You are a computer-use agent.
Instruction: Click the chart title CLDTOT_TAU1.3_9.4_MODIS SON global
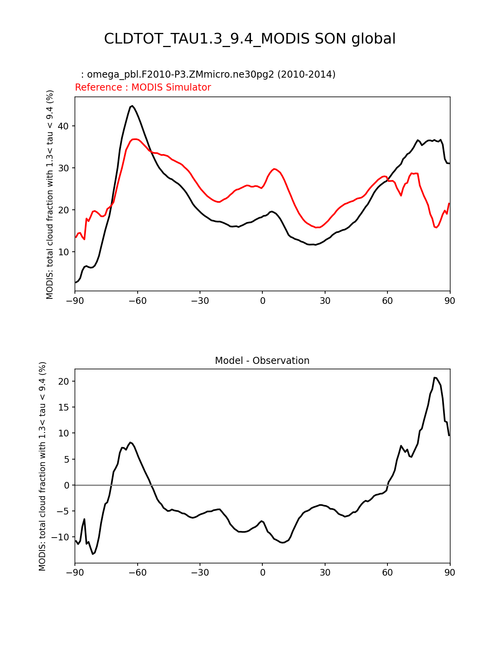point(250,39)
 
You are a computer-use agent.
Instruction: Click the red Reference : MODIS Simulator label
point(143,87)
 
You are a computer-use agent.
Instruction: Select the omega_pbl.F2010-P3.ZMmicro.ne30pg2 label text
point(211,75)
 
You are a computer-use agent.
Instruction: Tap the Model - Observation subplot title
point(262,361)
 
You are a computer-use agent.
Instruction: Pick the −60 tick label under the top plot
point(137,301)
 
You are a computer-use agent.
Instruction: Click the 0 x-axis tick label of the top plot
point(262,301)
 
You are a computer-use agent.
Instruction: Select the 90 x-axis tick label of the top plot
point(450,301)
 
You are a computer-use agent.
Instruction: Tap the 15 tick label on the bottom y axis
point(64,407)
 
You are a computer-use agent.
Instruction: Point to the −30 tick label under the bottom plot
point(200,572)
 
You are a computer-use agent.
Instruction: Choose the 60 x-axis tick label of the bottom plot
point(387,572)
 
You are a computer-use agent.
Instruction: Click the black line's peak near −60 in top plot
point(132,106)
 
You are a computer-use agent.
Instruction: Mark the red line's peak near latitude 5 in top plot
point(275,169)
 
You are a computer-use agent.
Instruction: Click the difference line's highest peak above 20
point(435,378)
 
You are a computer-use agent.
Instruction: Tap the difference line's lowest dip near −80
point(93,554)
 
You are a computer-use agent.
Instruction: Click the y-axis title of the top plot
point(50,194)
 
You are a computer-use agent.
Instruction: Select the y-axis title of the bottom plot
point(42,466)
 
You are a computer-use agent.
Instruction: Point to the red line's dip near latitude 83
point(436,227)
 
